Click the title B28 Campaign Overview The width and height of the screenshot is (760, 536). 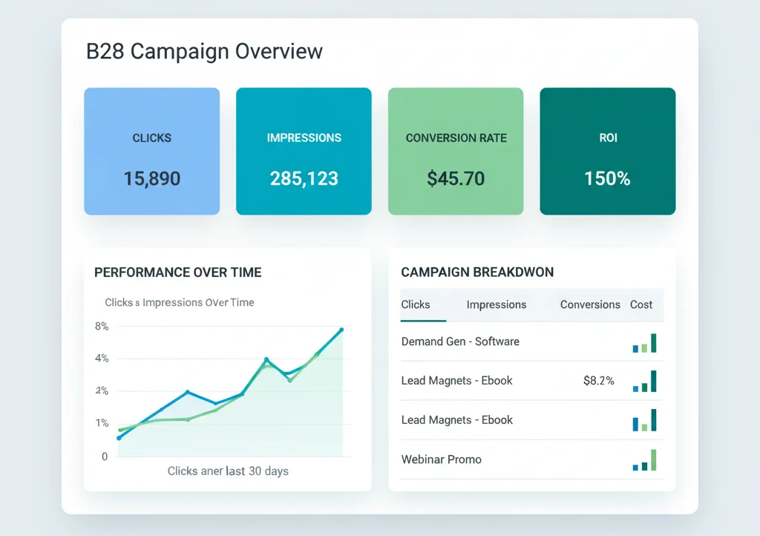[204, 52]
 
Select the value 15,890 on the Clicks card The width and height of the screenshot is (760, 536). [151, 179]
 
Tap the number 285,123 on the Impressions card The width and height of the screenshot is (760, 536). [304, 179]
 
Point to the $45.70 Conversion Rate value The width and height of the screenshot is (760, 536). [456, 179]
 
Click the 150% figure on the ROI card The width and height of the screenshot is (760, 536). [607, 179]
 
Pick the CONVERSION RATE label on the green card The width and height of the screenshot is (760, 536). [456, 138]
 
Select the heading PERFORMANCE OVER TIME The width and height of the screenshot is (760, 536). [177, 272]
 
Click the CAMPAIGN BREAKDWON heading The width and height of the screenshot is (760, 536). [477, 272]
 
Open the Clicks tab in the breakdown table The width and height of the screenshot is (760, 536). [416, 304]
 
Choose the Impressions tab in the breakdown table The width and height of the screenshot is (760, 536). [497, 304]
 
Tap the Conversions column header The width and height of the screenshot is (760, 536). [590, 304]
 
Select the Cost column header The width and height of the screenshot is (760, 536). [641, 304]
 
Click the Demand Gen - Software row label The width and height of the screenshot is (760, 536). [460, 341]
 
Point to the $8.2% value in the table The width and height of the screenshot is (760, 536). [599, 381]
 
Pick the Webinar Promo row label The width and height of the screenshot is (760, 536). [441, 460]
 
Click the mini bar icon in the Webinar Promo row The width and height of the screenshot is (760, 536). [644, 461]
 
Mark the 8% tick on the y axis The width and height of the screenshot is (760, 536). [102, 326]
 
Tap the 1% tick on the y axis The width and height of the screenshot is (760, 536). [102, 423]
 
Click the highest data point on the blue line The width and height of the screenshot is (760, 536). [341, 330]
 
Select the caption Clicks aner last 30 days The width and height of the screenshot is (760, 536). [228, 471]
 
